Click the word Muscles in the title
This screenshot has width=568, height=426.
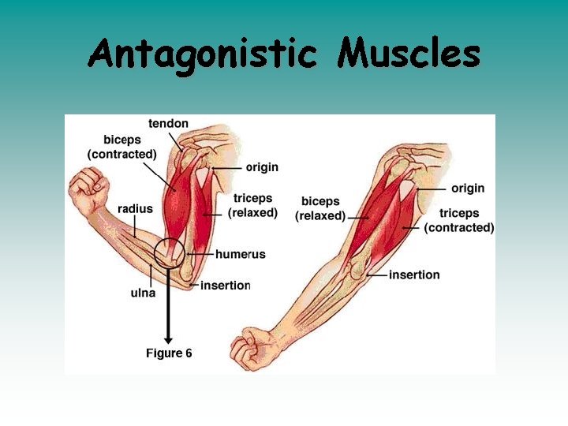(408, 54)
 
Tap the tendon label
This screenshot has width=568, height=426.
(168, 123)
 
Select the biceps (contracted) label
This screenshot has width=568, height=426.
(121, 148)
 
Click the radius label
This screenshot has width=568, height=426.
(135, 208)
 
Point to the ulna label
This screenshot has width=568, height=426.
(143, 293)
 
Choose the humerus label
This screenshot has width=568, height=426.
(241, 254)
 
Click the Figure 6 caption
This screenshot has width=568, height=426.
(169, 353)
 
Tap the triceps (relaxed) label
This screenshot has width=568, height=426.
(252, 205)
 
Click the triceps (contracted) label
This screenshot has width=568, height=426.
(459, 220)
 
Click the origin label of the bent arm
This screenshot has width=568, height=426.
(262, 167)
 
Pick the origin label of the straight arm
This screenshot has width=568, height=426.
(468, 189)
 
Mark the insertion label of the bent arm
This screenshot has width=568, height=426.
(225, 286)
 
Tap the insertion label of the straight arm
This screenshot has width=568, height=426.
(414, 275)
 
